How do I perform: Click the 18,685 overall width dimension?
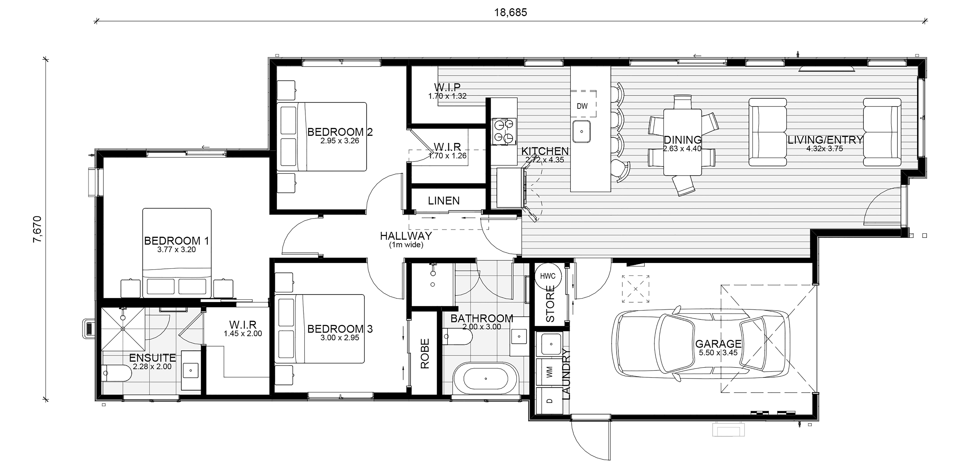click(x=511, y=13)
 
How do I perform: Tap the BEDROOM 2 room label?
click(x=340, y=132)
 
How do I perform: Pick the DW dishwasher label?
click(x=582, y=106)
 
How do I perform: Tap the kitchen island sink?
click(x=581, y=131)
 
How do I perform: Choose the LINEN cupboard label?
click(x=444, y=201)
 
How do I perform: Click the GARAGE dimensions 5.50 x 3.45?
click(x=718, y=353)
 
